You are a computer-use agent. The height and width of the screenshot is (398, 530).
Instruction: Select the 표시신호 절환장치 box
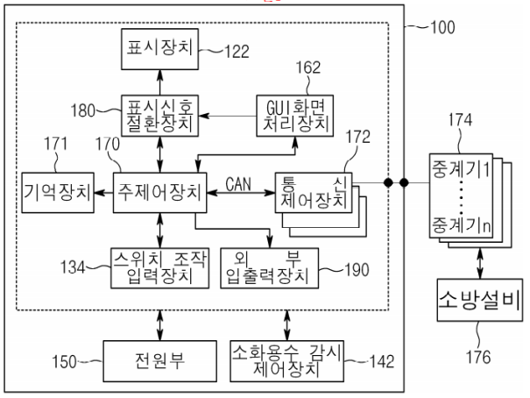point(159,112)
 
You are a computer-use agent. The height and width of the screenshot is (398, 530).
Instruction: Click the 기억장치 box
point(58,190)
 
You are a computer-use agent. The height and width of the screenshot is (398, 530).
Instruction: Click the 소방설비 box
point(479,305)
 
